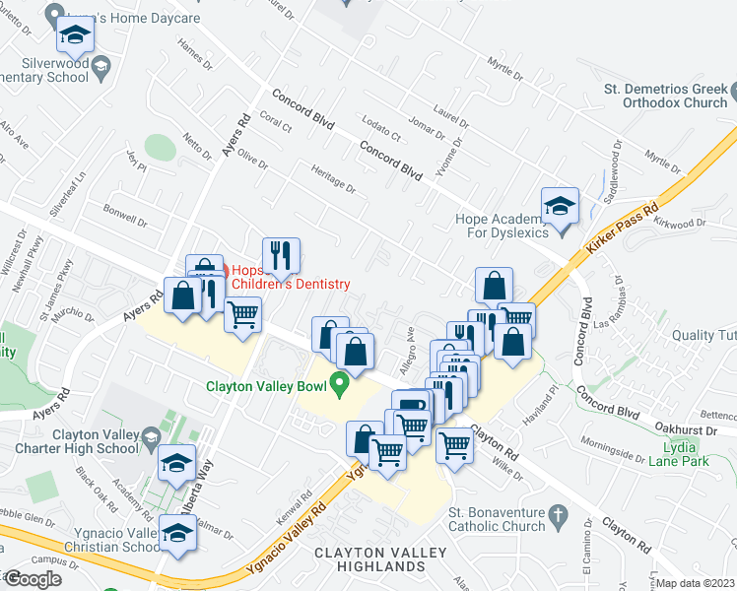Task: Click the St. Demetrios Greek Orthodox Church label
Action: click(x=665, y=95)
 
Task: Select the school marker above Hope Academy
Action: click(x=560, y=206)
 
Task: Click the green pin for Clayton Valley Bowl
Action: click(x=341, y=384)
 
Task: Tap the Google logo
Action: click(x=33, y=579)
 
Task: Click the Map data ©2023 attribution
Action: click(x=696, y=583)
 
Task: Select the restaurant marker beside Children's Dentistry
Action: click(x=281, y=257)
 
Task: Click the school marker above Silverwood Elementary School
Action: click(x=73, y=36)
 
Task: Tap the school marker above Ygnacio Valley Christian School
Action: click(x=177, y=535)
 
